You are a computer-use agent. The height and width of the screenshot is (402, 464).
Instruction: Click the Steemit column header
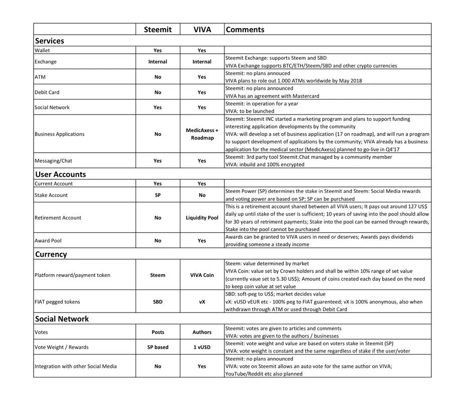[x=158, y=30]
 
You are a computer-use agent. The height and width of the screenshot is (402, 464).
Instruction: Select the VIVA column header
[x=202, y=30]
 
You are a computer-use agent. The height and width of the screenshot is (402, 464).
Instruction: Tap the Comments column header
[x=245, y=30]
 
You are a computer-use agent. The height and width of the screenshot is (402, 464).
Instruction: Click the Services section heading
[x=50, y=41]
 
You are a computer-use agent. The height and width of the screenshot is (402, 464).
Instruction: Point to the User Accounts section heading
[x=60, y=174]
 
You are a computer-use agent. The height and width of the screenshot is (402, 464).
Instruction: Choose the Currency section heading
[x=51, y=254]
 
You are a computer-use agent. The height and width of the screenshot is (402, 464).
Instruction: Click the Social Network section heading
[x=62, y=319]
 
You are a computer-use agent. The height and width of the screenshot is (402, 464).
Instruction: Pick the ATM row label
[x=40, y=77]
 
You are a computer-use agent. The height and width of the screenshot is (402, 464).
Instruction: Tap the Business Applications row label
[x=59, y=134]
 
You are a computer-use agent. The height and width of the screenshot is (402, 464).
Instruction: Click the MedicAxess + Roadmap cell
[x=202, y=134]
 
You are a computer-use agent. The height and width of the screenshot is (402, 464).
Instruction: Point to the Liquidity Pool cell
[x=202, y=218]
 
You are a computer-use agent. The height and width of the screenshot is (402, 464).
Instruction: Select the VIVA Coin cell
[x=202, y=275]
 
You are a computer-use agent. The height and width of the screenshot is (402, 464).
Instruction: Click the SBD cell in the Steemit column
[x=158, y=302]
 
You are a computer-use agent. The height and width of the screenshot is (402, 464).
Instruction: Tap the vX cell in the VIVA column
[x=202, y=302]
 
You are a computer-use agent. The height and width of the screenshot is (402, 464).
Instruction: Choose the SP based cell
[x=158, y=347]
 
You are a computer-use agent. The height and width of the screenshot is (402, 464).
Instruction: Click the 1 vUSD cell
[x=202, y=347]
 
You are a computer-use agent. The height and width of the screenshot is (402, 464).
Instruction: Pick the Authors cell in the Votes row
[x=202, y=332]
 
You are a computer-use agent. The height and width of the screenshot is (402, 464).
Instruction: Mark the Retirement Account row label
[x=58, y=218]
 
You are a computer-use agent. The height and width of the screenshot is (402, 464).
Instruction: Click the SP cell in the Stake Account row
[x=158, y=195]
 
